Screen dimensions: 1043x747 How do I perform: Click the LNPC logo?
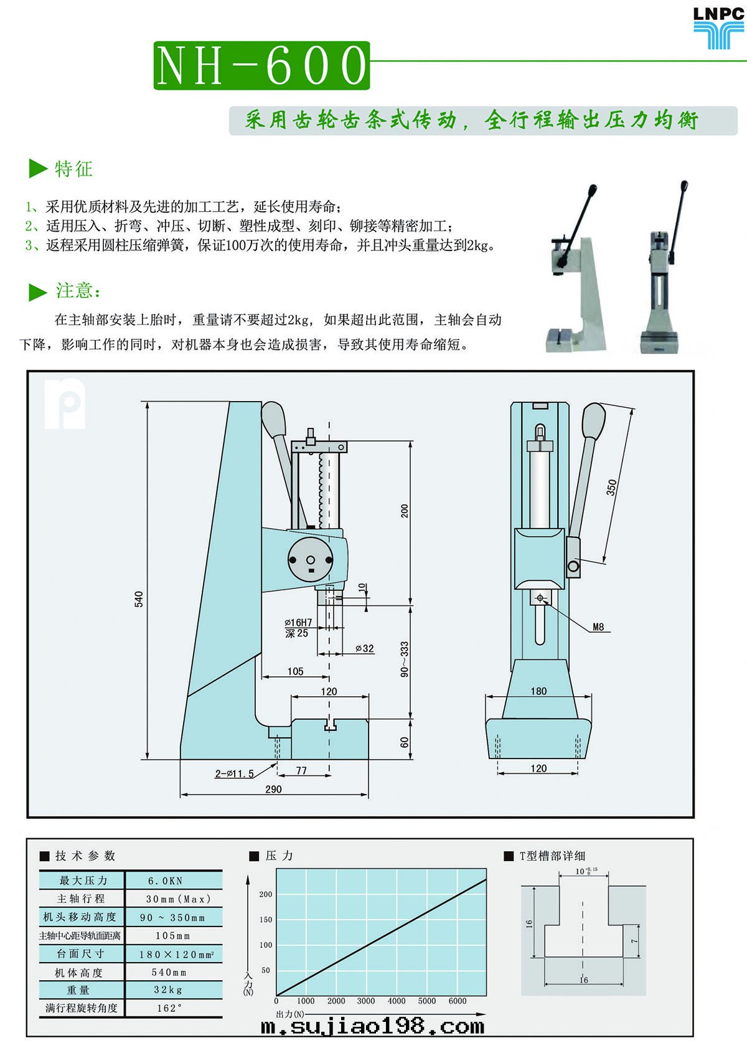(x=719, y=27)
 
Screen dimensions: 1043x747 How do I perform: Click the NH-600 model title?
(x=261, y=65)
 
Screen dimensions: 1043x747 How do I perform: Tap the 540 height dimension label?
(x=139, y=598)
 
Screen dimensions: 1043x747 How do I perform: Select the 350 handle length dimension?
(x=611, y=486)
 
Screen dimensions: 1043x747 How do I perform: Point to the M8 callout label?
(x=598, y=627)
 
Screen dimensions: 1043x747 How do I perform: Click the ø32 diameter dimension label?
(x=365, y=648)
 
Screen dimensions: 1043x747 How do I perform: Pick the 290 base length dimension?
(x=273, y=789)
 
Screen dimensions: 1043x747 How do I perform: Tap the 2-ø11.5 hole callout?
(x=235, y=773)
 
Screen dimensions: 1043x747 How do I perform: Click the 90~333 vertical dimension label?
(x=405, y=659)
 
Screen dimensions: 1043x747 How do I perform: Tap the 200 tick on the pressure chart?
(x=266, y=894)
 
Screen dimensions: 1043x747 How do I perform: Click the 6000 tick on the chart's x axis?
(x=458, y=1001)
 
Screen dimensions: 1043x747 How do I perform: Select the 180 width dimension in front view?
(x=538, y=691)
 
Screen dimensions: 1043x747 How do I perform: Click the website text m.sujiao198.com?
(x=372, y=1026)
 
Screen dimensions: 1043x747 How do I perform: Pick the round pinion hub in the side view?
(x=311, y=559)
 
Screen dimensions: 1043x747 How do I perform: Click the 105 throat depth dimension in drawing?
(x=295, y=671)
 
